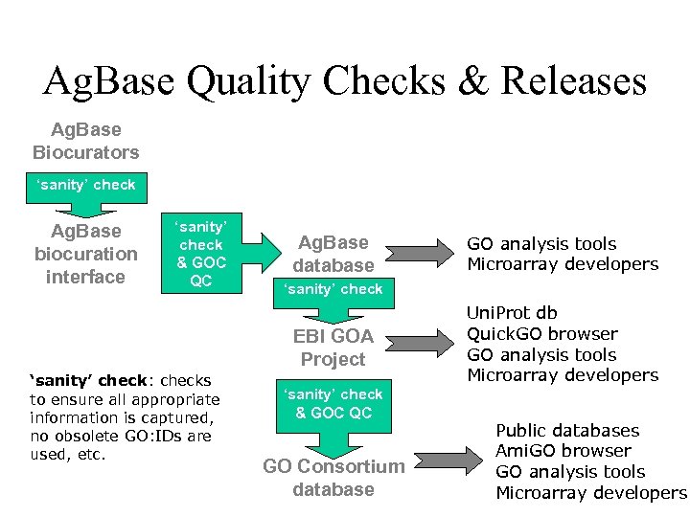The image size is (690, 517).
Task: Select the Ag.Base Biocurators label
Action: [86, 140]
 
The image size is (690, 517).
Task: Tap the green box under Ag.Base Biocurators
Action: [86, 185]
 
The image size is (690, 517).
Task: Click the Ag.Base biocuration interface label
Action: [86, 254]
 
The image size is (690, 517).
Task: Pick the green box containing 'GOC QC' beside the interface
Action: [201, 253]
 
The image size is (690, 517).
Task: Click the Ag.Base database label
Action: [333, 254]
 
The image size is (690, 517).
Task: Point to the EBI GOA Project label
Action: [333, 348]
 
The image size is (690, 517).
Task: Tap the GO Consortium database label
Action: [333, 478]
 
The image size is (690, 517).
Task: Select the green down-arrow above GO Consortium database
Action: [333, 421]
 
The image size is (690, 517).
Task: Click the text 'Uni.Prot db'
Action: [512, 312]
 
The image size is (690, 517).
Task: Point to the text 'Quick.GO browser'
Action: [542, 333]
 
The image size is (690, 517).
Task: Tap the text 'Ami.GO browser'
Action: [563, 451]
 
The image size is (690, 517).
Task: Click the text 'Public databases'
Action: [567, 430]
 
